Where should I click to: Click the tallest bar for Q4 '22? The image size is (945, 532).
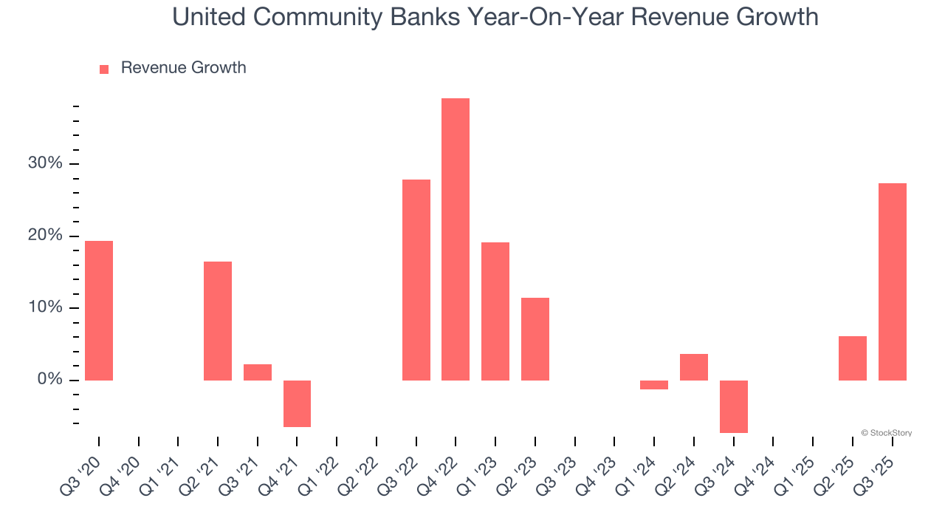pyautogui.click(x=456, y=239)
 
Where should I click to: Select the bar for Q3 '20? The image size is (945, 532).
pyautogui.click(x=99, y=310)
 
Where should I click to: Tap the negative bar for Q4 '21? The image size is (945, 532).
pyautogui.click(x=297, y=403)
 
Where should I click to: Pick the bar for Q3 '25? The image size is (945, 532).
pyautogui.click(x=893, y=282)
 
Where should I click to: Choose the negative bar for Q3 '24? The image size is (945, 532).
pyautogui.click(x=734, y=406)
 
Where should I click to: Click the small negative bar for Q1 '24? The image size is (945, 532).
pyautogui.click(x=654, y=385)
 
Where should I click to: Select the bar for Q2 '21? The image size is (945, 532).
pyautogui.click(x=218, y=321)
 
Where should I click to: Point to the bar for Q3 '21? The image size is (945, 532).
pyautogui.click(x=258, y=372)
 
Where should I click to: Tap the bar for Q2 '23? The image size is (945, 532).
pyautogui.click(x=535, y=339)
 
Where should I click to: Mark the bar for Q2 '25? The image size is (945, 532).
pyautogui.click(x=853, y=358)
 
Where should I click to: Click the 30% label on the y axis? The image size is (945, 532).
pyautogui.click(x=45, y=163)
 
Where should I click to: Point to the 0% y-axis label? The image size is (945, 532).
pyautogui.click(x=49, y=380)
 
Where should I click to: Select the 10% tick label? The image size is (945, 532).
pyautogui.click(x=45, y=307)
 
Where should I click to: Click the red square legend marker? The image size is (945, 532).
pyautogui.click(x=104, y=69)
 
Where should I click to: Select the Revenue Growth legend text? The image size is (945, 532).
pyautogui.click(x=183, y=68)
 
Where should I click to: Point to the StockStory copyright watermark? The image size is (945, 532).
pyautogui.click(x=887, y=433)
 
